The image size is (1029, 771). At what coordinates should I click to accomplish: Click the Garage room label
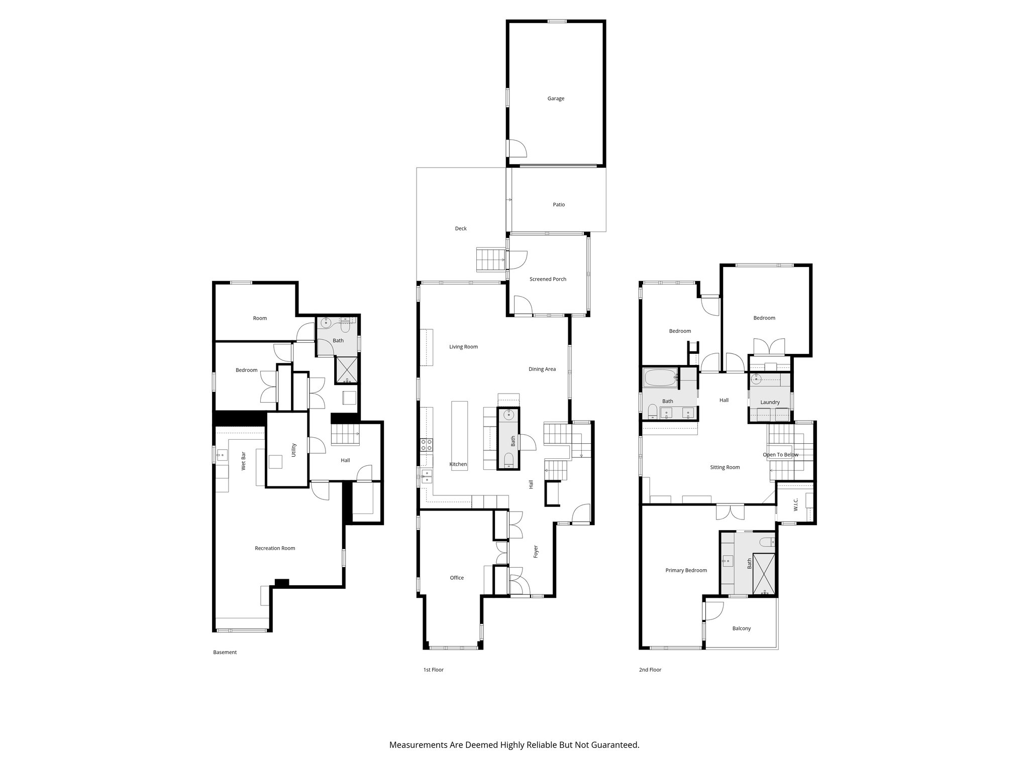(x=556, y=99)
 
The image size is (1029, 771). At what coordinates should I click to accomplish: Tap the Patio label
(x=559, y=205)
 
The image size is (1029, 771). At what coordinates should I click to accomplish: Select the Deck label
(x=461, y=229)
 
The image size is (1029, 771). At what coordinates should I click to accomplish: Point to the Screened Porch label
(x=548, y=279)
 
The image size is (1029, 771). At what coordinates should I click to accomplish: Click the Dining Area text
(x=542, y=369)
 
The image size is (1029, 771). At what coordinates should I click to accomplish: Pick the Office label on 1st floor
(x=457, y=578)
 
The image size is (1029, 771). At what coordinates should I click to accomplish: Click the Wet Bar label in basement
(x=244, y=461)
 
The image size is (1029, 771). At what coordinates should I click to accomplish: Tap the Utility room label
(x=294, y=450)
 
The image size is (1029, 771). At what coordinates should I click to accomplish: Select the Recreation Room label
(x=275, y=548)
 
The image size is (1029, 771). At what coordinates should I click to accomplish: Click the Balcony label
(x=742, y=628)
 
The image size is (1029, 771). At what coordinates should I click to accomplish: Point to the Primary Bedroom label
(x=686, y=570)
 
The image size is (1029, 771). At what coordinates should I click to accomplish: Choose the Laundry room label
(x=770, y=403)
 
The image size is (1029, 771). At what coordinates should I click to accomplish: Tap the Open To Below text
(x=780, y=455)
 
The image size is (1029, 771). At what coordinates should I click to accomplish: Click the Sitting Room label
(x=725, y=467)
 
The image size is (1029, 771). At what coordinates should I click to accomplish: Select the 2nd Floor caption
(x=650, y=670)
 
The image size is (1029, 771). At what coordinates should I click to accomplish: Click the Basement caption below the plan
(x=225, y=653)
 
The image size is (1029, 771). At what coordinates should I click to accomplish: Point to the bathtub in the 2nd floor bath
(x=660, y=377)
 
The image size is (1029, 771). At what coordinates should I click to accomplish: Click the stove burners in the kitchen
(x=426, y=444)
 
